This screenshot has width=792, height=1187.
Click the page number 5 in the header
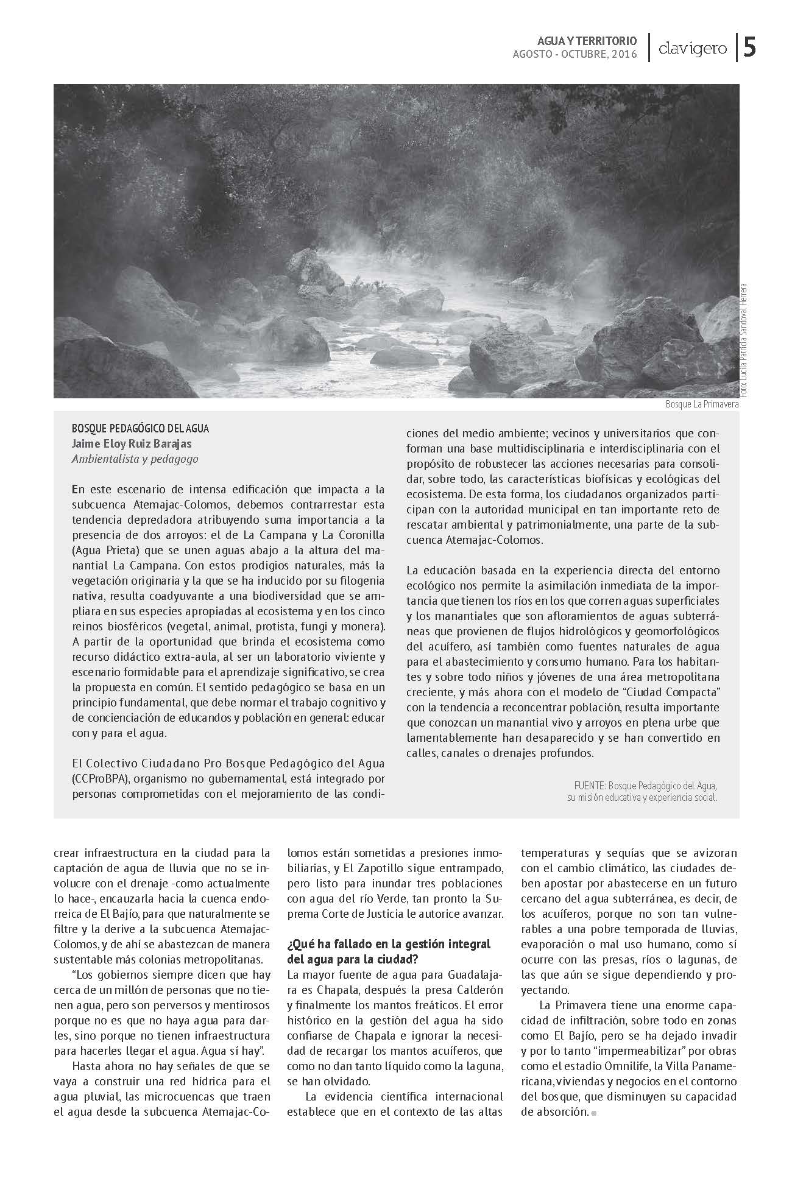pos(751,48)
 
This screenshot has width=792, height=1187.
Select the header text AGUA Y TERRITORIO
pos(587,41)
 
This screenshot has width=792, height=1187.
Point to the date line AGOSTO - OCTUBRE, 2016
pos(575,55)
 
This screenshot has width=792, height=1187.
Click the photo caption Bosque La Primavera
pos(701,404)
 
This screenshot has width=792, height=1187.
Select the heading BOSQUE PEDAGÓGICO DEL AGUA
pos(140,429)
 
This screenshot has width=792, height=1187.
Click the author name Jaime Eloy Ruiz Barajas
pos(132,444)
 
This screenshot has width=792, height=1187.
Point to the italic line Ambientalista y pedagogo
pos(135,459)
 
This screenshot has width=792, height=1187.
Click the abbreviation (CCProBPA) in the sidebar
pos(99,779)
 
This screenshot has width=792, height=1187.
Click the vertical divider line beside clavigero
pos(647,48)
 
